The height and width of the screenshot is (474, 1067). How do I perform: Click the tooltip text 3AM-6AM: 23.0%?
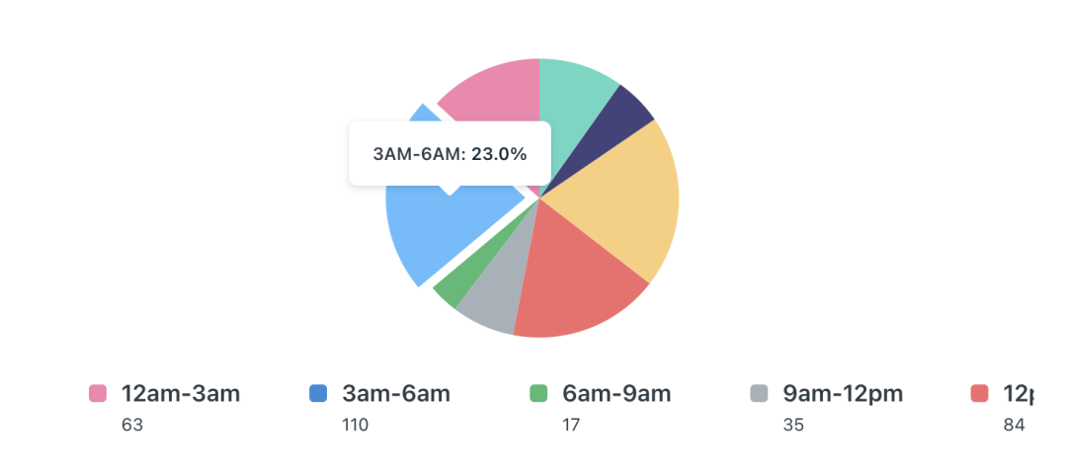point(450,154)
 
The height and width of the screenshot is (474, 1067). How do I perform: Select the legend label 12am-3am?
point(181,394)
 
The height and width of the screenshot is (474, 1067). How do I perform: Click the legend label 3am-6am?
point(396,394)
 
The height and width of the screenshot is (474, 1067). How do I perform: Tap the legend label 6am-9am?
point(616,394)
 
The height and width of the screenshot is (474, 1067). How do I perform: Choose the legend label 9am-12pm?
point(843,394)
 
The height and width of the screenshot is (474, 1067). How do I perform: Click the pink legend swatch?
point(98,394)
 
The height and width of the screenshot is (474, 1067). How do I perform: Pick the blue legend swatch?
point(318,394)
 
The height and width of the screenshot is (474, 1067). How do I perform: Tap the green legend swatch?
point(538,394)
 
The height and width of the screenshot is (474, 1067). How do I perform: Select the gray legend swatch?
point(759,394)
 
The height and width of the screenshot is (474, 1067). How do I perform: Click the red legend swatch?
point(979,394)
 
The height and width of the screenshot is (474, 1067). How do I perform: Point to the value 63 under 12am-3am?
point(132,426)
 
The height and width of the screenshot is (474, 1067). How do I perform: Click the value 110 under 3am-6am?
point(356,426)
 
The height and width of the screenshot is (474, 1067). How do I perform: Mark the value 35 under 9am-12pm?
point(793,426)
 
